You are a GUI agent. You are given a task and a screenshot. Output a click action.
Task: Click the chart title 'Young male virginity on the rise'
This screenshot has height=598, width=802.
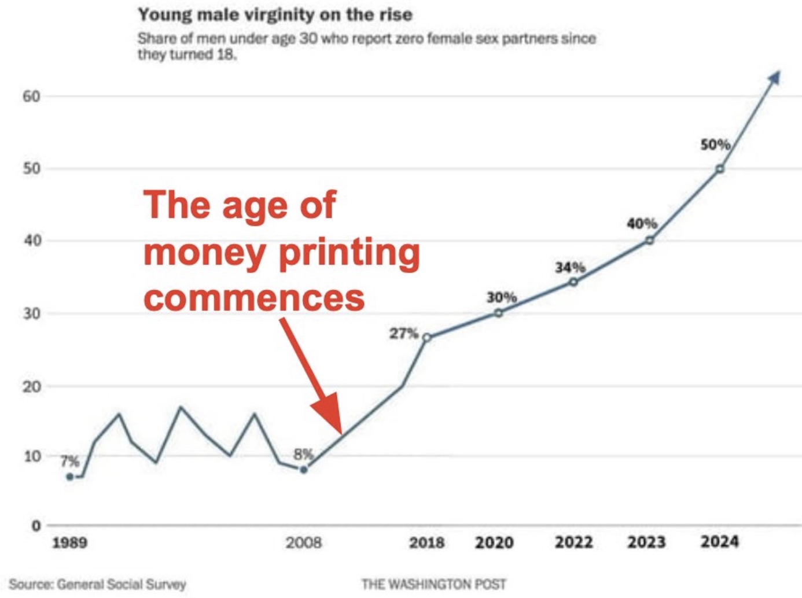pos(275,14)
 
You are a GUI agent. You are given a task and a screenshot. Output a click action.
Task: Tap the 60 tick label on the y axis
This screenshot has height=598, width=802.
pos(32,96)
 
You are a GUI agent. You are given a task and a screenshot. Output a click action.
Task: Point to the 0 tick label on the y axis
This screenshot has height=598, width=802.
pos(36,526)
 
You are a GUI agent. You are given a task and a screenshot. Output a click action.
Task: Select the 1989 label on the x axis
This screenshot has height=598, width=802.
pos(69,542)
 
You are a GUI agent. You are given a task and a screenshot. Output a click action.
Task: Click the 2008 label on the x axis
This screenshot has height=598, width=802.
pos(303,542)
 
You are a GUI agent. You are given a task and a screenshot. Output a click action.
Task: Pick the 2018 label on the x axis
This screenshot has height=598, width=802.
pos(426,542)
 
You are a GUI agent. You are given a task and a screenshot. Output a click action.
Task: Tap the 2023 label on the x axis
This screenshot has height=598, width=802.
pos(646,542)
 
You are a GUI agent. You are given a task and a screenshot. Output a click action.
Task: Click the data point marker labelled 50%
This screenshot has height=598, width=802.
pos(720,169)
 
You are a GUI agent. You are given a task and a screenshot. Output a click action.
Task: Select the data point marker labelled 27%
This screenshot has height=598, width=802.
pos(426,337)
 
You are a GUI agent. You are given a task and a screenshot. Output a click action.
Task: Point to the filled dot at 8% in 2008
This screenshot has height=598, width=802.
pos(304,470)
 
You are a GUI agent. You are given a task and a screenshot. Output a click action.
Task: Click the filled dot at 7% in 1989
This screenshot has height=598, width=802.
pos(70,477)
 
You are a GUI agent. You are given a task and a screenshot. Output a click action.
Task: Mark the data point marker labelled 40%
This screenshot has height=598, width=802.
pos(649,240)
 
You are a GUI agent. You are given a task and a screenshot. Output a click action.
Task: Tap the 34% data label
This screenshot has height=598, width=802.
pos(570,267)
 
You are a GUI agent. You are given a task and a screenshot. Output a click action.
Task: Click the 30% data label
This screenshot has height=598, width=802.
pos(501,297)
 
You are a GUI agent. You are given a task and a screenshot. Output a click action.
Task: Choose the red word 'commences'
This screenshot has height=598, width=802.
pos(254,298)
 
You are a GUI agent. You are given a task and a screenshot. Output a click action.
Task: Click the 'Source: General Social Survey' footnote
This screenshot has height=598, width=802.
pos(97,584)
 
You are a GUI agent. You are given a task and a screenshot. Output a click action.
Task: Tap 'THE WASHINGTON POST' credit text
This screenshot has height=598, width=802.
pos(433,584)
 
